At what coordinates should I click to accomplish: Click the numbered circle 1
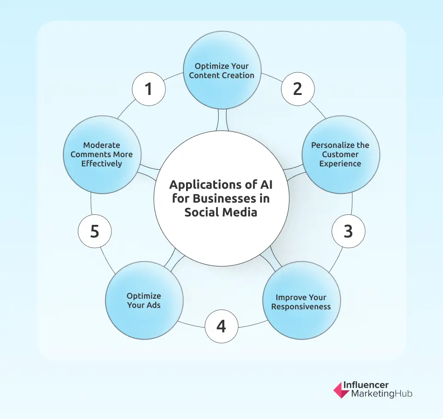148,89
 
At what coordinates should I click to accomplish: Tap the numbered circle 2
297,89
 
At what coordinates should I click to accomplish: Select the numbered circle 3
348,231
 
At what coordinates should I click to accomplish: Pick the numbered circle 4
221,326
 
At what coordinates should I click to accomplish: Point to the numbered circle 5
94,231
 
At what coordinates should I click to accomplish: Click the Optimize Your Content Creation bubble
221,70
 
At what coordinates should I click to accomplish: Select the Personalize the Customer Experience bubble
340,154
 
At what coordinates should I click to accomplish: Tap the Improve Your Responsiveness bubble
301,302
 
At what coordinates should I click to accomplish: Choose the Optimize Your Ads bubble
144,301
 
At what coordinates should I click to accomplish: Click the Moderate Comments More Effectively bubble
102,154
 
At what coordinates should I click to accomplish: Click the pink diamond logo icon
341,389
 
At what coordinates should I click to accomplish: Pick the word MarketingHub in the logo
382,394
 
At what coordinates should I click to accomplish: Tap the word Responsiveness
301,307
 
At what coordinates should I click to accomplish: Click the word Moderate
102,146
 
